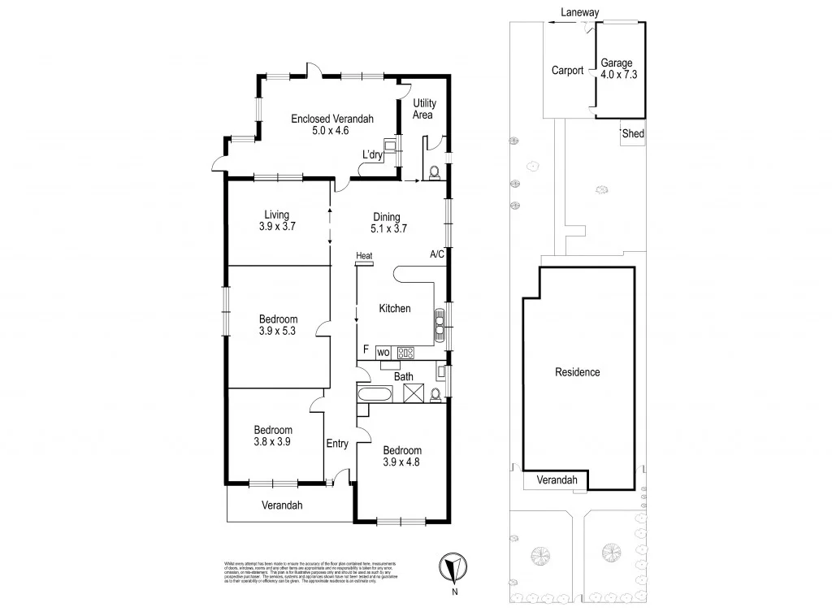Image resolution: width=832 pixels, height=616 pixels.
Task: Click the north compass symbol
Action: (454, 567)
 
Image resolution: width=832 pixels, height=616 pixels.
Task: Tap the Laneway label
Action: (578, 12)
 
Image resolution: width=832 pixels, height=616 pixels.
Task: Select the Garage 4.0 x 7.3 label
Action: (617, 69)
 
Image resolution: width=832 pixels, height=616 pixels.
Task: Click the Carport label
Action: (567, 71)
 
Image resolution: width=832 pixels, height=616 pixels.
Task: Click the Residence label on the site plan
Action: (577, 372)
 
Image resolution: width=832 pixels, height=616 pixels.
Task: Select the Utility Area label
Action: (424, 109)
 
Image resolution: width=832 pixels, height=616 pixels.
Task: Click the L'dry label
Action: (372, 155)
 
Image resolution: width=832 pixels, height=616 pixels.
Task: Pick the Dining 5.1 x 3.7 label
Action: (388, 223)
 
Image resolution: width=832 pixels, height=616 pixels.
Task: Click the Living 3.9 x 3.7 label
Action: (276, 221)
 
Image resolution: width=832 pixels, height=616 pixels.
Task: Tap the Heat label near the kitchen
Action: (363, 257)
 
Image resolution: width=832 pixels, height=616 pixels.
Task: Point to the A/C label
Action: (436, 254)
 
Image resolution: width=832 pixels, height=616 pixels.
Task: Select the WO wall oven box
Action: (383, 352)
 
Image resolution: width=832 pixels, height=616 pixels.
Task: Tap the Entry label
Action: (337, 444)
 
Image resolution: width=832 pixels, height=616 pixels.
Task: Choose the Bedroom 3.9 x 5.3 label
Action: (278, 325)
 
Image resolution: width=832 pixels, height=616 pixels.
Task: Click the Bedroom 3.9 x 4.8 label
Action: (402, 457)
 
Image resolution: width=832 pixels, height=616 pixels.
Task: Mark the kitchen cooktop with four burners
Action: (405, 353)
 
